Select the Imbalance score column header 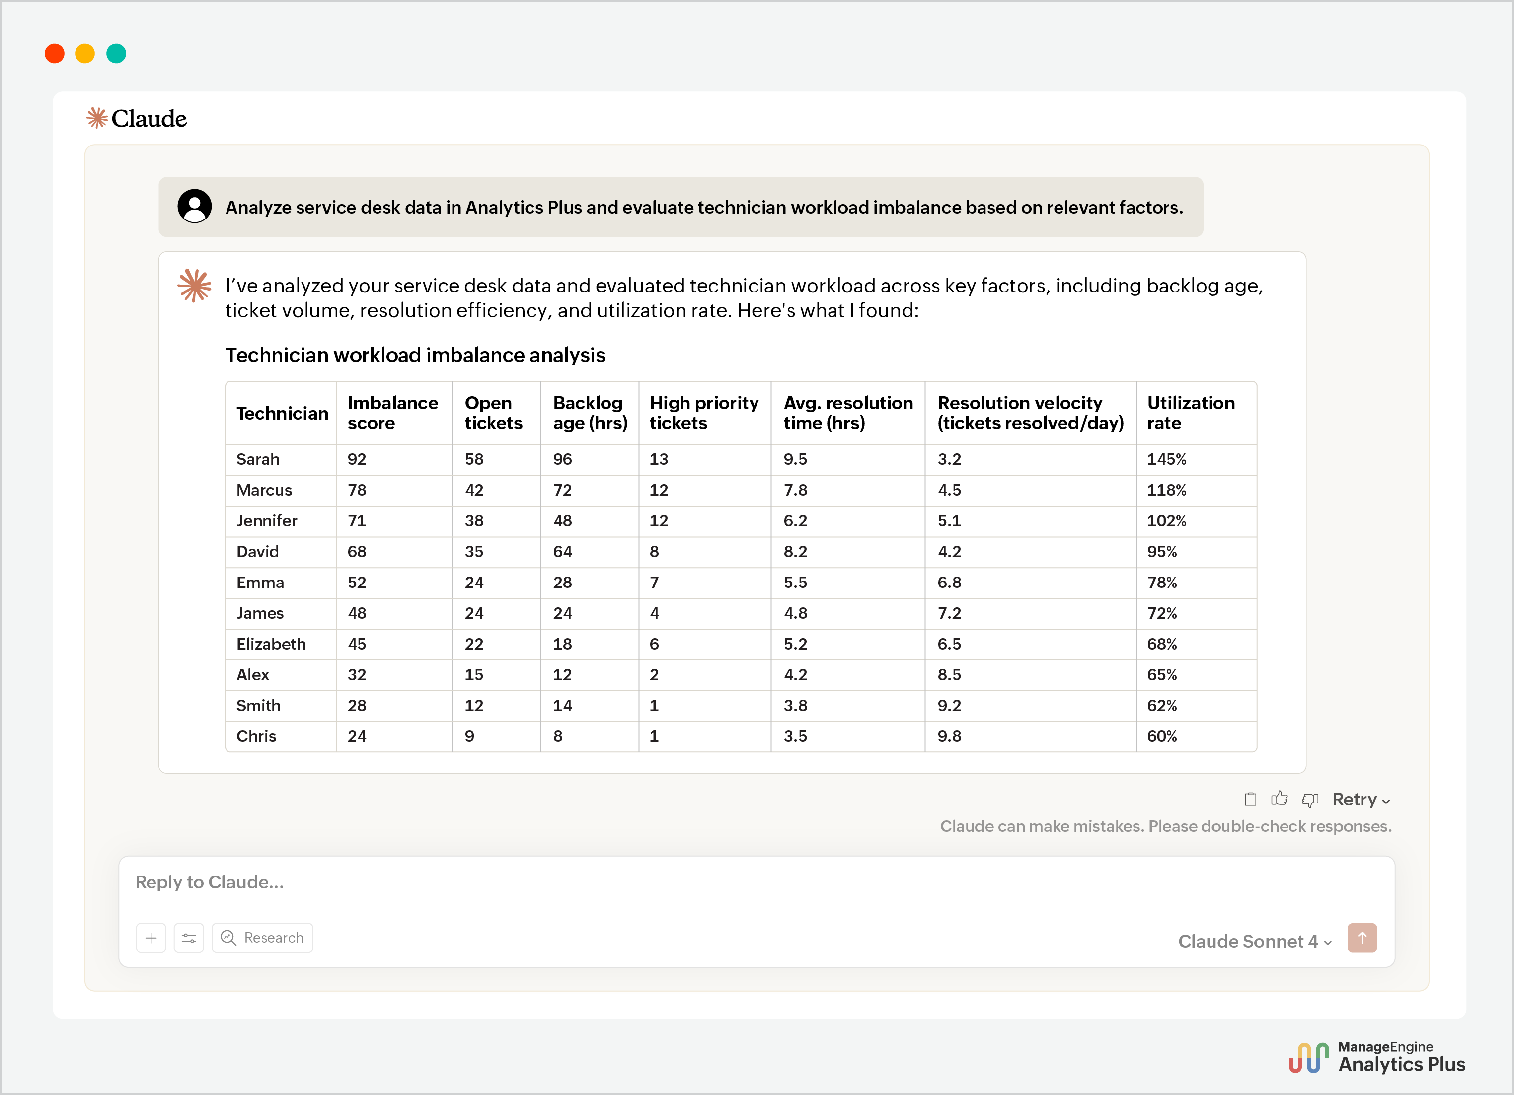click(392, 413)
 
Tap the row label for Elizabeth click(271, 644)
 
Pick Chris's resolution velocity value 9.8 click(949, 736)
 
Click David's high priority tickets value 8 click(654, 552)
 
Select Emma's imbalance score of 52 click(357, 583)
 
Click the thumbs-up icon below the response click(1279, 799)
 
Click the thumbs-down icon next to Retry click(1310, 800)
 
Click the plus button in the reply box click(151, 938)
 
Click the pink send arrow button click(1362, 938)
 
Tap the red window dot click(55, 53)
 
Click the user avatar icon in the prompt click(194, 206)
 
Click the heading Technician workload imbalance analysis click(415, 355)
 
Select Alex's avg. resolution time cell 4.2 click(795, 674)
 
